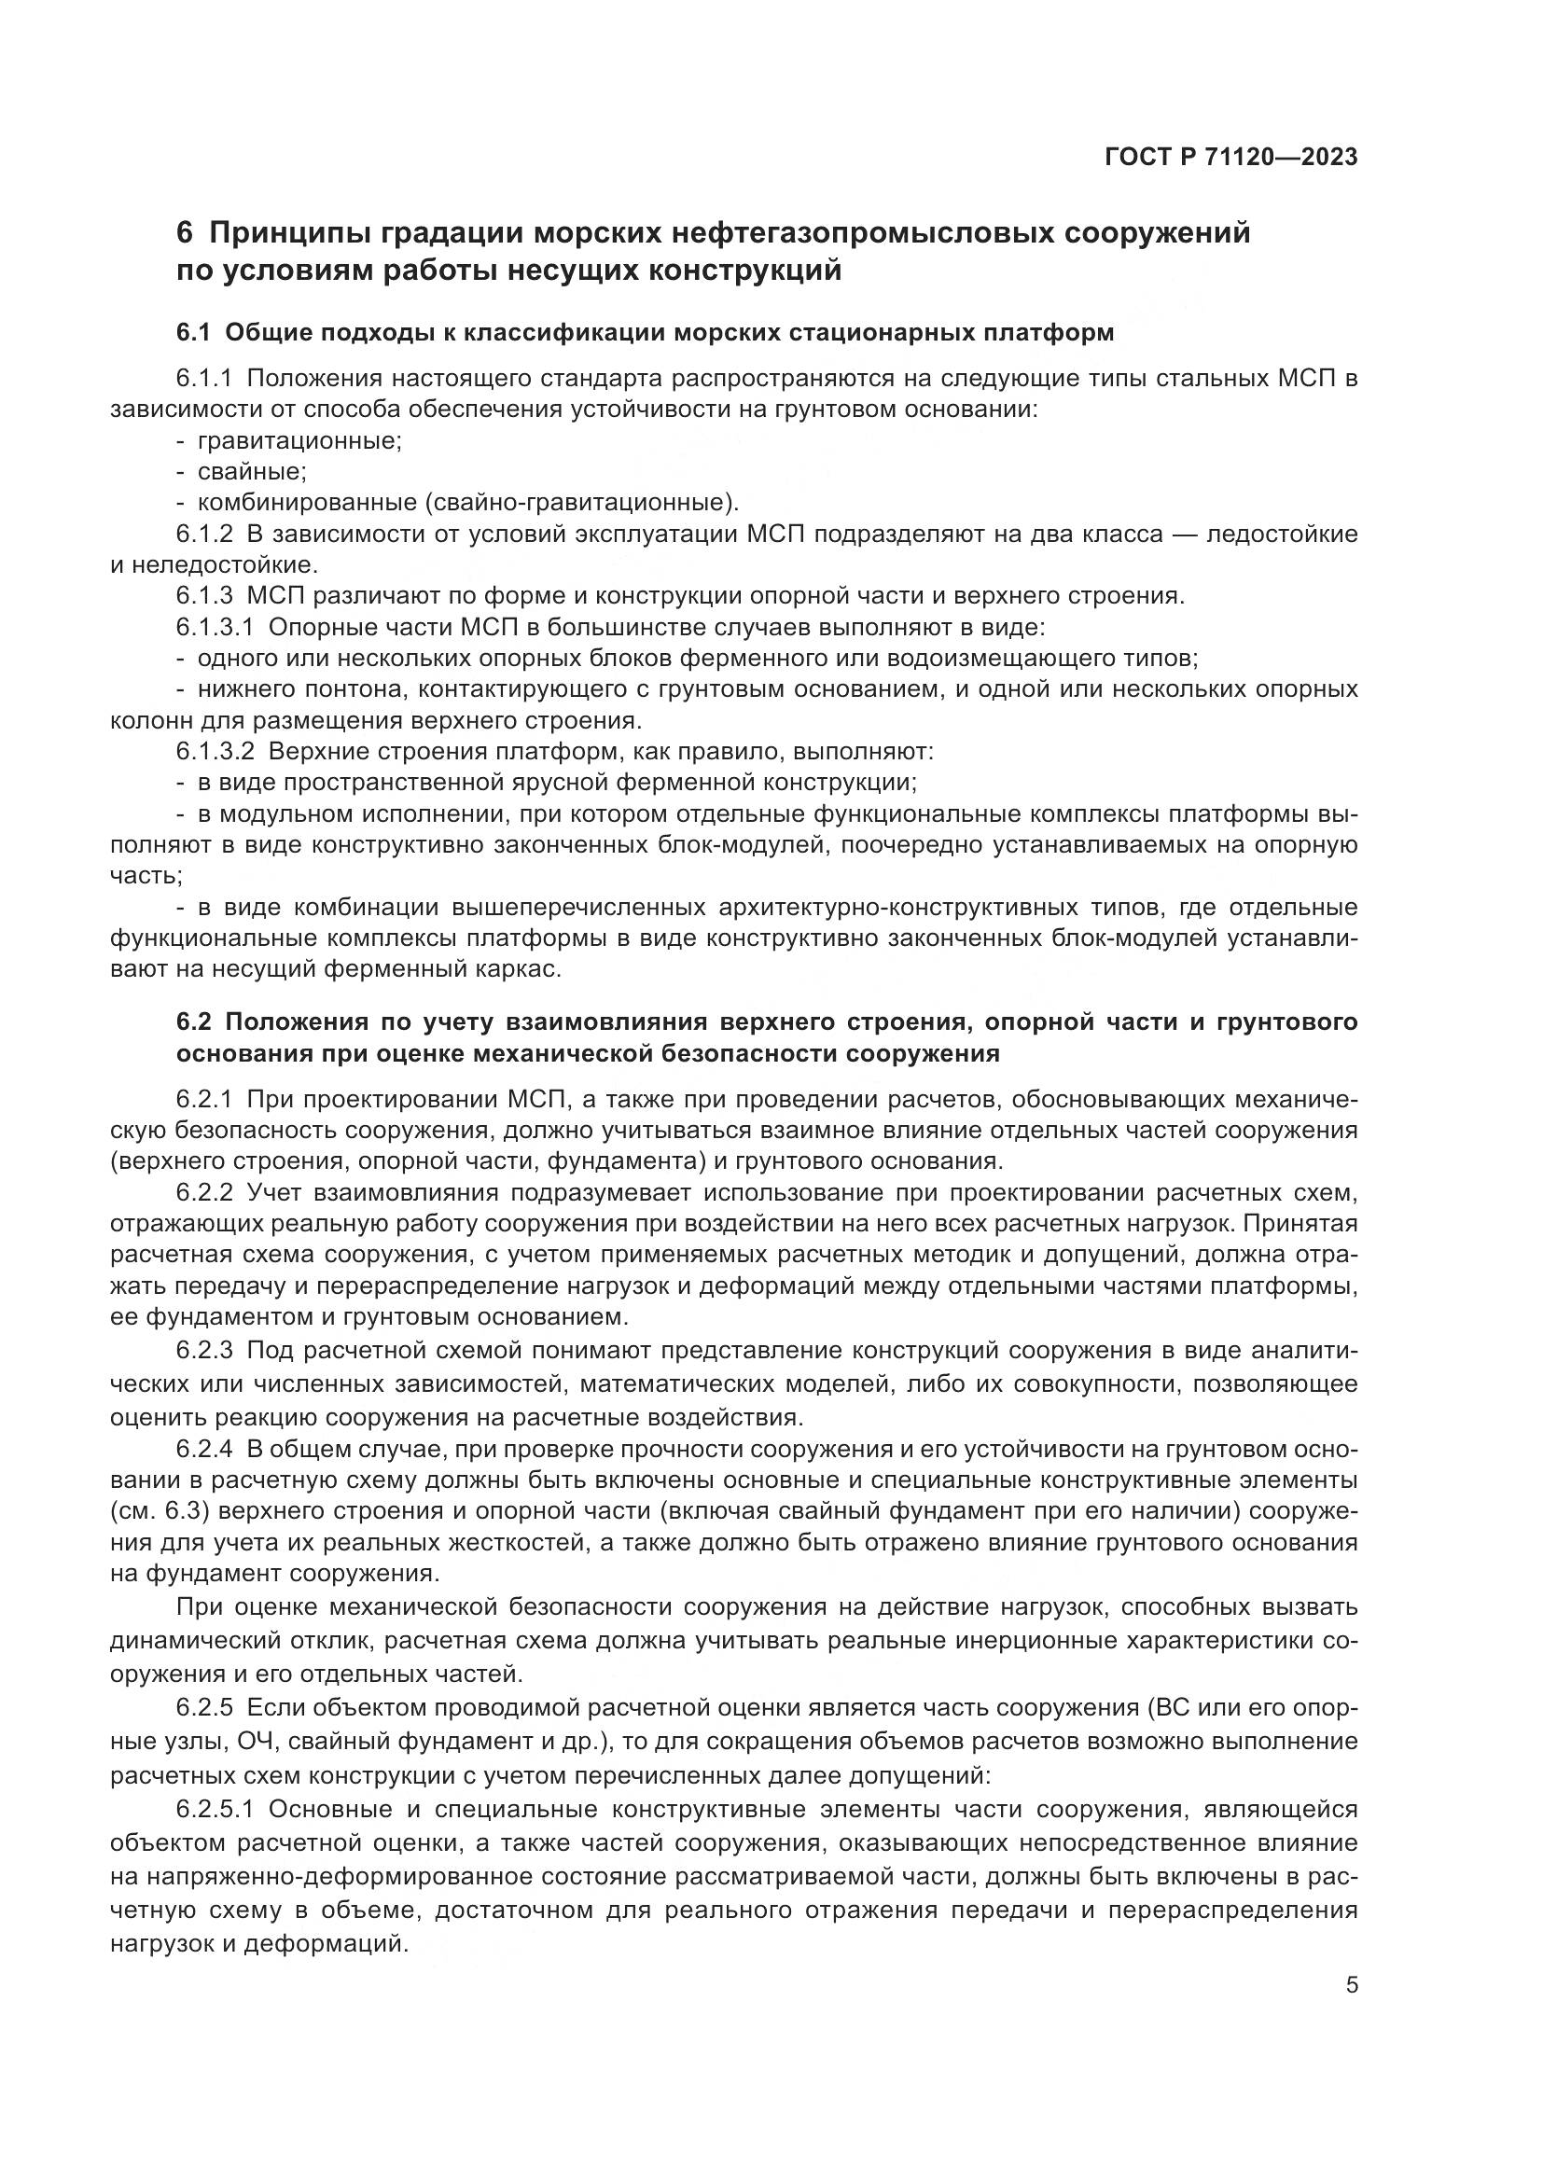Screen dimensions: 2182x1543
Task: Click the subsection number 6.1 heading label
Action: coord(197,334)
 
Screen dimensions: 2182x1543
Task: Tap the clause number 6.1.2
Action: coord(204,535)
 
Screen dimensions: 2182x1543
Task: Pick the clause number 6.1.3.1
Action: coord(215,627)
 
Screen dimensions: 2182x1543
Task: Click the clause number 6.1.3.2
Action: coord(215,752)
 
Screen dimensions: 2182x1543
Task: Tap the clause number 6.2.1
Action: coord(204,1100)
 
